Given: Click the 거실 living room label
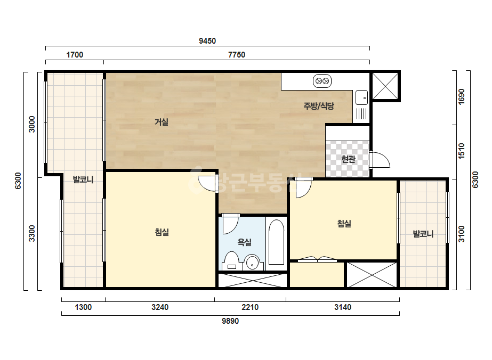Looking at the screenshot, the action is click(162, 121).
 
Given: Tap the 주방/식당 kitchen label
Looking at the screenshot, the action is click(318, 106).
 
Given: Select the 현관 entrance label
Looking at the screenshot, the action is click(348, 159).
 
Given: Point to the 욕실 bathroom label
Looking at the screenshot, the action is click(245, 242).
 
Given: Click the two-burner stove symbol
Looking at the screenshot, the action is click(322, 81).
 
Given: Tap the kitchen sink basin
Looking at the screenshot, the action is click(361, 97).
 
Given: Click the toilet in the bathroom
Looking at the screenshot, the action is click(232, 261).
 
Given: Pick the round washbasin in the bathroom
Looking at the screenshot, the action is click(252, 263).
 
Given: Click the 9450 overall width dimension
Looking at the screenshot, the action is click(207, 41).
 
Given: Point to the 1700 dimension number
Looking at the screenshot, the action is click(75, 55).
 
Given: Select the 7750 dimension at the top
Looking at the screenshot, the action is click(237, 55).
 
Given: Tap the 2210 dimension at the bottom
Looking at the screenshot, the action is click(250, 307).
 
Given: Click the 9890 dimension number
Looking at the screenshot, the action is click(230, 321).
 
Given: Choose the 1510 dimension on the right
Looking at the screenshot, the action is click(461, 151).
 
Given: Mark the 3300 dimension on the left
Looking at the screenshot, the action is click(32, 233).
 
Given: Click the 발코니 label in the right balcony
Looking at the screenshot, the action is click(423, 234).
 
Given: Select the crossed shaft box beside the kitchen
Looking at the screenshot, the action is click(385, 86).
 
